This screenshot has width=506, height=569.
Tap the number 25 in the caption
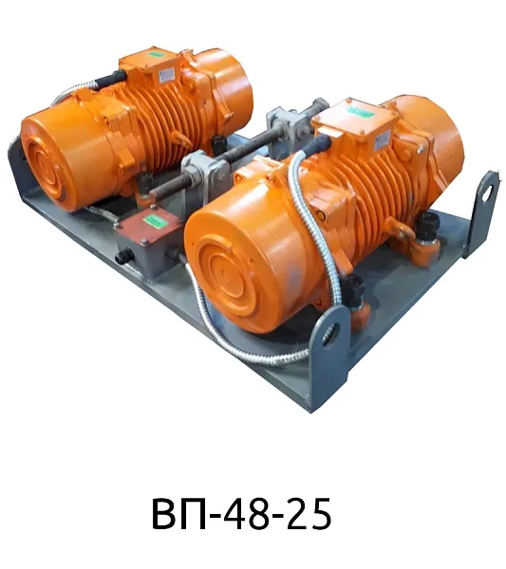point(309,514)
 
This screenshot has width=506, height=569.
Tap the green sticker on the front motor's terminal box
point(361,111)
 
